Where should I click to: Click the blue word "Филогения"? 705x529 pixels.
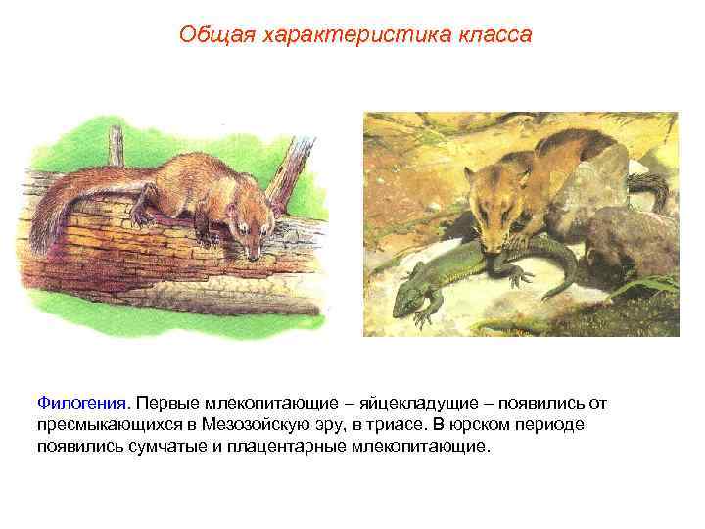[82, 404]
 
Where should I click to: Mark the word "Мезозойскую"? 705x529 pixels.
[257, 425]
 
